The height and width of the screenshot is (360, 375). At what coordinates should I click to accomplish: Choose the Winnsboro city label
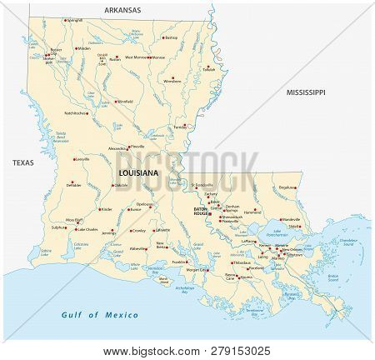[172, 82]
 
